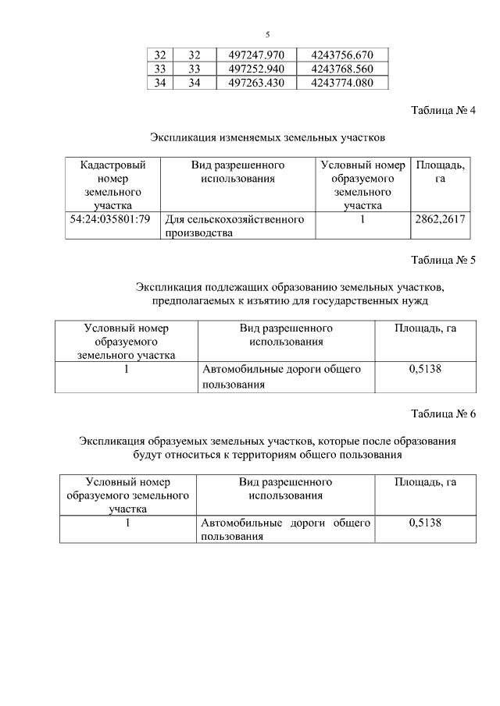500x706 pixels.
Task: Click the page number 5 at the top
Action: pyautogui.click(x=267, y=34)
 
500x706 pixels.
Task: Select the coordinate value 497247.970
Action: pyautogui.click(x=257, y=55)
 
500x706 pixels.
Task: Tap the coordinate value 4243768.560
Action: pyautogui.click(x=342, y=69)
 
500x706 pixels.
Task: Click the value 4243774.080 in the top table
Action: pyautogui.click(x=342, y=83)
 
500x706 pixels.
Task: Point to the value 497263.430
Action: pyautogui.click(x=257, y=83)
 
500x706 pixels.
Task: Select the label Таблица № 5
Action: pyautogui.click(x=443, y=261)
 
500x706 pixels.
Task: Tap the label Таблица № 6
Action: pyautogui.click(x=443, y=413)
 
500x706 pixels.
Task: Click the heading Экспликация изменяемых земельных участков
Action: pyautogui.click(x=267, y=138)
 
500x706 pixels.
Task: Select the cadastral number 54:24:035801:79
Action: pyautogui.click(x=110, y=220)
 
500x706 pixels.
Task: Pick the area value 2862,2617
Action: pyautogui.click(x=440, y=220)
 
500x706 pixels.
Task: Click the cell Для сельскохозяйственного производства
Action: pyautogui.click(x=234, y=226)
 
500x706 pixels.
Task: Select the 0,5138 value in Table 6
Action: pyautogui.click(x=425, y=523)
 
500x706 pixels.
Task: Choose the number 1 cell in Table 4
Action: pyautogui.click(x=362, y=220)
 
